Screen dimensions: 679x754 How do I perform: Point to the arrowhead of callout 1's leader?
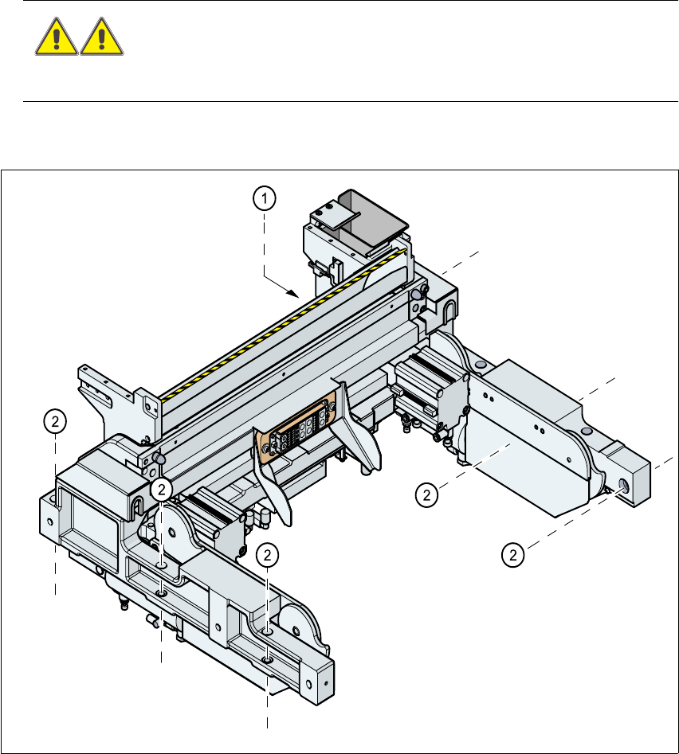point(296,295)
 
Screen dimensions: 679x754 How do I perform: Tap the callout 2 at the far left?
point(54,422)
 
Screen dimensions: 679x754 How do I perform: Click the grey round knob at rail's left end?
point(161,459)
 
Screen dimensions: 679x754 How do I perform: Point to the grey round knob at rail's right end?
point(417,295)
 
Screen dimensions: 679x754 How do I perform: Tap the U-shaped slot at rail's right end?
point(449,307)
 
